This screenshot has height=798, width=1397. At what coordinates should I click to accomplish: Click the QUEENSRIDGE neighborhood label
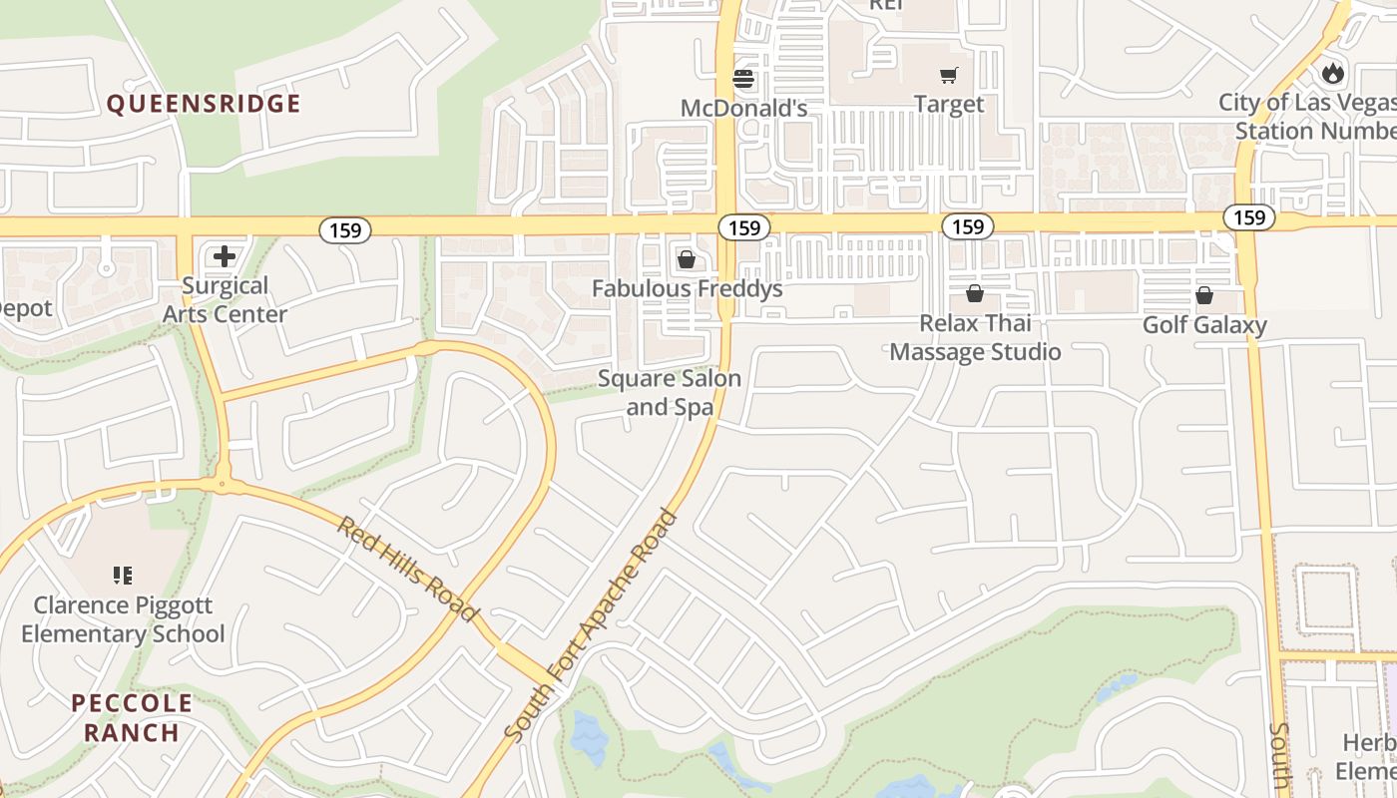[x=204, y=104]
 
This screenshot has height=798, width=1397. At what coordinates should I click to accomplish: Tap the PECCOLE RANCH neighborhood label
[x=132, y=717]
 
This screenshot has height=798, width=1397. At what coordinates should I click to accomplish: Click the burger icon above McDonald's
[x=743, y=78]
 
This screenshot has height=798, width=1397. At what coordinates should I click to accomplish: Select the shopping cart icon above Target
[x=948, y=75]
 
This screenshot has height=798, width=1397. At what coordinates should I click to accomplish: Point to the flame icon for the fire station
[x=1332, y=73]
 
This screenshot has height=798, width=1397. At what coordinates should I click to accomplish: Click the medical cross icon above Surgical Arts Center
[x=225, y=256]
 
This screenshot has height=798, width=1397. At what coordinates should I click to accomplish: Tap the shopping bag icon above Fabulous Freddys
[x=687, y=260]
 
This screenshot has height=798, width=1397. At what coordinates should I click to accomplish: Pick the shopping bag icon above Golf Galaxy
[x=1204, y=295]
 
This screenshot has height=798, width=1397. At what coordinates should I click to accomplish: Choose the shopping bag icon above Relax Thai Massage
[x=975, y=293]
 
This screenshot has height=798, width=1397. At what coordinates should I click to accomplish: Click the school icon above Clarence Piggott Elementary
[x=123, y=576]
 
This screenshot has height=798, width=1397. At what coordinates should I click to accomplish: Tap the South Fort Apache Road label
[x=591, y=626]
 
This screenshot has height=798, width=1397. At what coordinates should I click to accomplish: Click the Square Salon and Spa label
[x=670, y=392]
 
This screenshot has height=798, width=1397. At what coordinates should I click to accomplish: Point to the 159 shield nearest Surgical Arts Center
[x=345, y=230]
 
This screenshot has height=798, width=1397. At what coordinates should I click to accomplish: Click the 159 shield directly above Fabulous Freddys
[x=743, y=228]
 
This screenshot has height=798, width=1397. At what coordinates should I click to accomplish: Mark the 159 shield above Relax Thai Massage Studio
[x=967, y=226]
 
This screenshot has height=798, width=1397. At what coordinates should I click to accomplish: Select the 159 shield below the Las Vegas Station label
[x=1248, y=217]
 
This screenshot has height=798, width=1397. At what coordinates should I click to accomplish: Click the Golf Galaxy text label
[x=1204, y=325]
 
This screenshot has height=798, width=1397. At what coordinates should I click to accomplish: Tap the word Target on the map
[x=949, y=104]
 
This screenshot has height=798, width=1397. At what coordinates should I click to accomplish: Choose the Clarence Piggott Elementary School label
[x=123, y=619]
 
